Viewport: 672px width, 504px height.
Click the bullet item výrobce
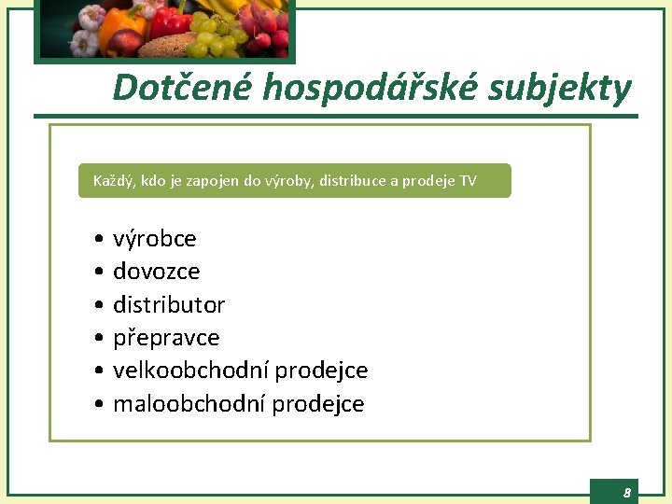click(x=155, y=239)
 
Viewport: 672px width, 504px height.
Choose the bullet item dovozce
click(x=157, y=272)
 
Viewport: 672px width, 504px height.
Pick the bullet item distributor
click(x=169, y=305)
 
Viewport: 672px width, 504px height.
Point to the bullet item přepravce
click(x=166, y=338)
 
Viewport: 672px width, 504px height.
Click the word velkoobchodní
click(x=190, y=371)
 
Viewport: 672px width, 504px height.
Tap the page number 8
click(x=627, y=492)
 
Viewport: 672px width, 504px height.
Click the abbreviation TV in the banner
click(x=468, y=181)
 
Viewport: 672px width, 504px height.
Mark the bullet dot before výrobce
click(x=98, y=240)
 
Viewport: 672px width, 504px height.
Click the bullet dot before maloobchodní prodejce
click(x=98, y=405)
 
